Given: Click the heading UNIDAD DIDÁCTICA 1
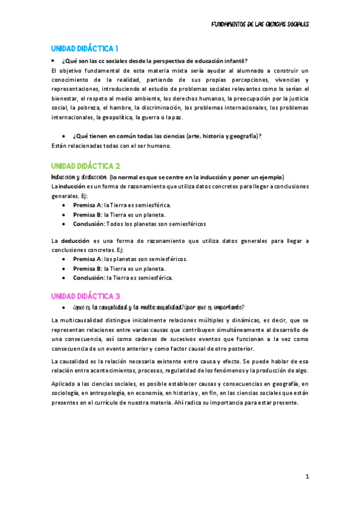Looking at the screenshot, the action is click(x=85, y=48).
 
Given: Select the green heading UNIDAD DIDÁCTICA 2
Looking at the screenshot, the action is click(x=86, y=165).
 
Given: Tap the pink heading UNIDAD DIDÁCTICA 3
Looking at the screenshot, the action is click(x=86, y=296).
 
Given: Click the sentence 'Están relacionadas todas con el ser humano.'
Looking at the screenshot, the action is click(x=111, y=145).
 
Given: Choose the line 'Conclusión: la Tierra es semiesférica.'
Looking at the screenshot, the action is click(x=123, y=278).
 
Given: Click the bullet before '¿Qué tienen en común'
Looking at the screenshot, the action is click(x=64, y=136).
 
